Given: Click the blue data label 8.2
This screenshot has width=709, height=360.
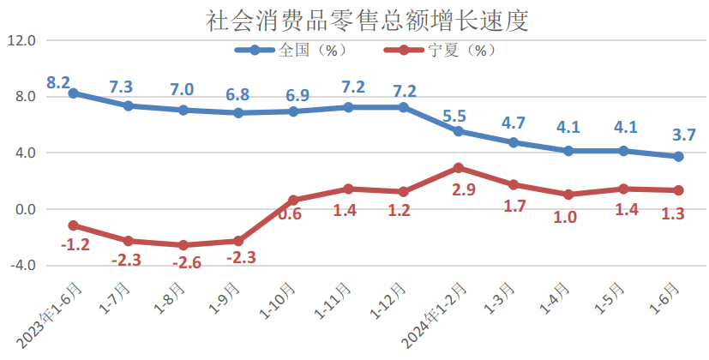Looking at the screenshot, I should pos(58,83).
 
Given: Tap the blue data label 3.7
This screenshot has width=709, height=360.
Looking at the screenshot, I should pos(684,135).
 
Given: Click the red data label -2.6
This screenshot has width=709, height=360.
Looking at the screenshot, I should pos(185,263).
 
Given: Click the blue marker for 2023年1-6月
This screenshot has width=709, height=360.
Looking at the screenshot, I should pos(73,93).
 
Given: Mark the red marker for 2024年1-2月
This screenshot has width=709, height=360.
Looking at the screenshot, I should pos(459,168).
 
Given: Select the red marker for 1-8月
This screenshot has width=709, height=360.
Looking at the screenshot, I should pos(183,245).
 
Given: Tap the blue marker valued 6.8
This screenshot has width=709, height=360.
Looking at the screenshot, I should pos(238,112).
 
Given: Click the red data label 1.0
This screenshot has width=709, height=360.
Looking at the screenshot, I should pos(565,217).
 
